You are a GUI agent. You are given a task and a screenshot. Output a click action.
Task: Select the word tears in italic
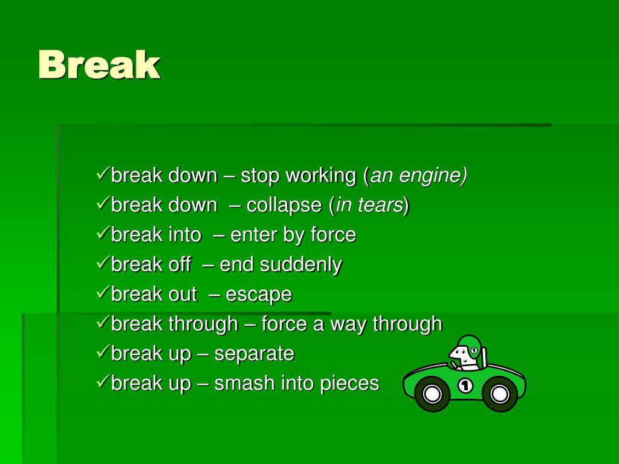[380, 205]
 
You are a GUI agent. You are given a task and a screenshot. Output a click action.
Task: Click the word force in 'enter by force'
[333, 235]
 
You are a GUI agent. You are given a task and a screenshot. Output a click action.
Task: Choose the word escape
[259, 295]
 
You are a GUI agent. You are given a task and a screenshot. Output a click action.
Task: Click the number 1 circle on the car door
[465, 385]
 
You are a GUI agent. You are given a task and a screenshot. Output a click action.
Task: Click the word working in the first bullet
[320, 176]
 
